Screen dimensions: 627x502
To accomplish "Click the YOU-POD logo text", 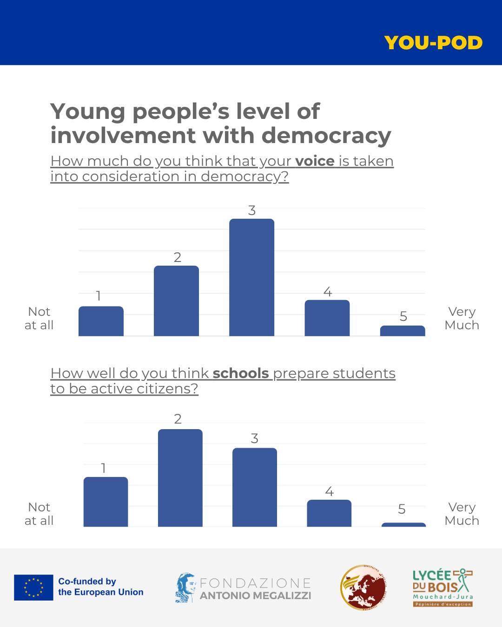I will tap(433, 43).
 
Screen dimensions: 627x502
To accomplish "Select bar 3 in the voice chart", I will tap(251, 277).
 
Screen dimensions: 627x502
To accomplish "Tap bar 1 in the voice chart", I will tap(101, 321).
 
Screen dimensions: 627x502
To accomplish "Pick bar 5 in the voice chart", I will tap(403, 331).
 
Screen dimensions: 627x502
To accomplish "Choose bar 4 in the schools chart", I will tap(329, 513).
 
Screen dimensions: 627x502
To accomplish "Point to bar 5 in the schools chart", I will tap(403, 525).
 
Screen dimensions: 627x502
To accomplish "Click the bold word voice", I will tap(315, 161).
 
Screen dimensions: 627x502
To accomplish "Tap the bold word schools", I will tap(241, 373).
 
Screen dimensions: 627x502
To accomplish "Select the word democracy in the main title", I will tap(326, 136).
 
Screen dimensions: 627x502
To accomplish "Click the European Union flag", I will tap(33, 588).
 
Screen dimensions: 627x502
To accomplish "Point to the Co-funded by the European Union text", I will tap(100, 587).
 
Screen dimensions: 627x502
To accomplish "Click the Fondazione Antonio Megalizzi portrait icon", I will tap(185, 588).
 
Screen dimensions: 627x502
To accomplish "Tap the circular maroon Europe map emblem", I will tap(363, 588).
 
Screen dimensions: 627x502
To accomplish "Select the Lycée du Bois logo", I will tap(443, 588).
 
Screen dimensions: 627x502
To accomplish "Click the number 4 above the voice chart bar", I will tap(328, 292).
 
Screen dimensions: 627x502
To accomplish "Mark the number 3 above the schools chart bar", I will tap(254, 438).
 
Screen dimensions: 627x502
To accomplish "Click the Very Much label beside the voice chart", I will tap(462, 318).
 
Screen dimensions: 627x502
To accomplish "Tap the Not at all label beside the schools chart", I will tap(39, 514).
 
